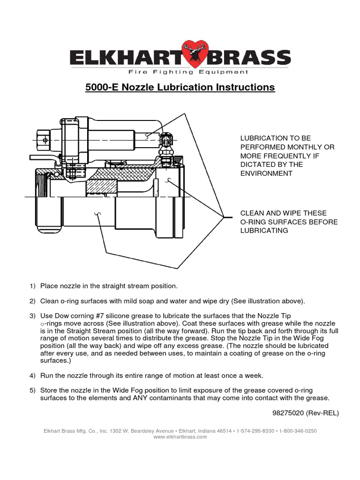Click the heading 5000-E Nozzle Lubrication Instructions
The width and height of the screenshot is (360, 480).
(180, 87)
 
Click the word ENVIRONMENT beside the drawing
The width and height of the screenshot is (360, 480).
(266, 173)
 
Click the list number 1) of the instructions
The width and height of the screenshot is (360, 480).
(32, 285)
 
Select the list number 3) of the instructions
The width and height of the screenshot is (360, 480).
(32, 316)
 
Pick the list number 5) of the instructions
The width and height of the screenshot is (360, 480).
(32, 390)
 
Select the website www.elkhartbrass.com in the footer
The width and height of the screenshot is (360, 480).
(180, 436)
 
